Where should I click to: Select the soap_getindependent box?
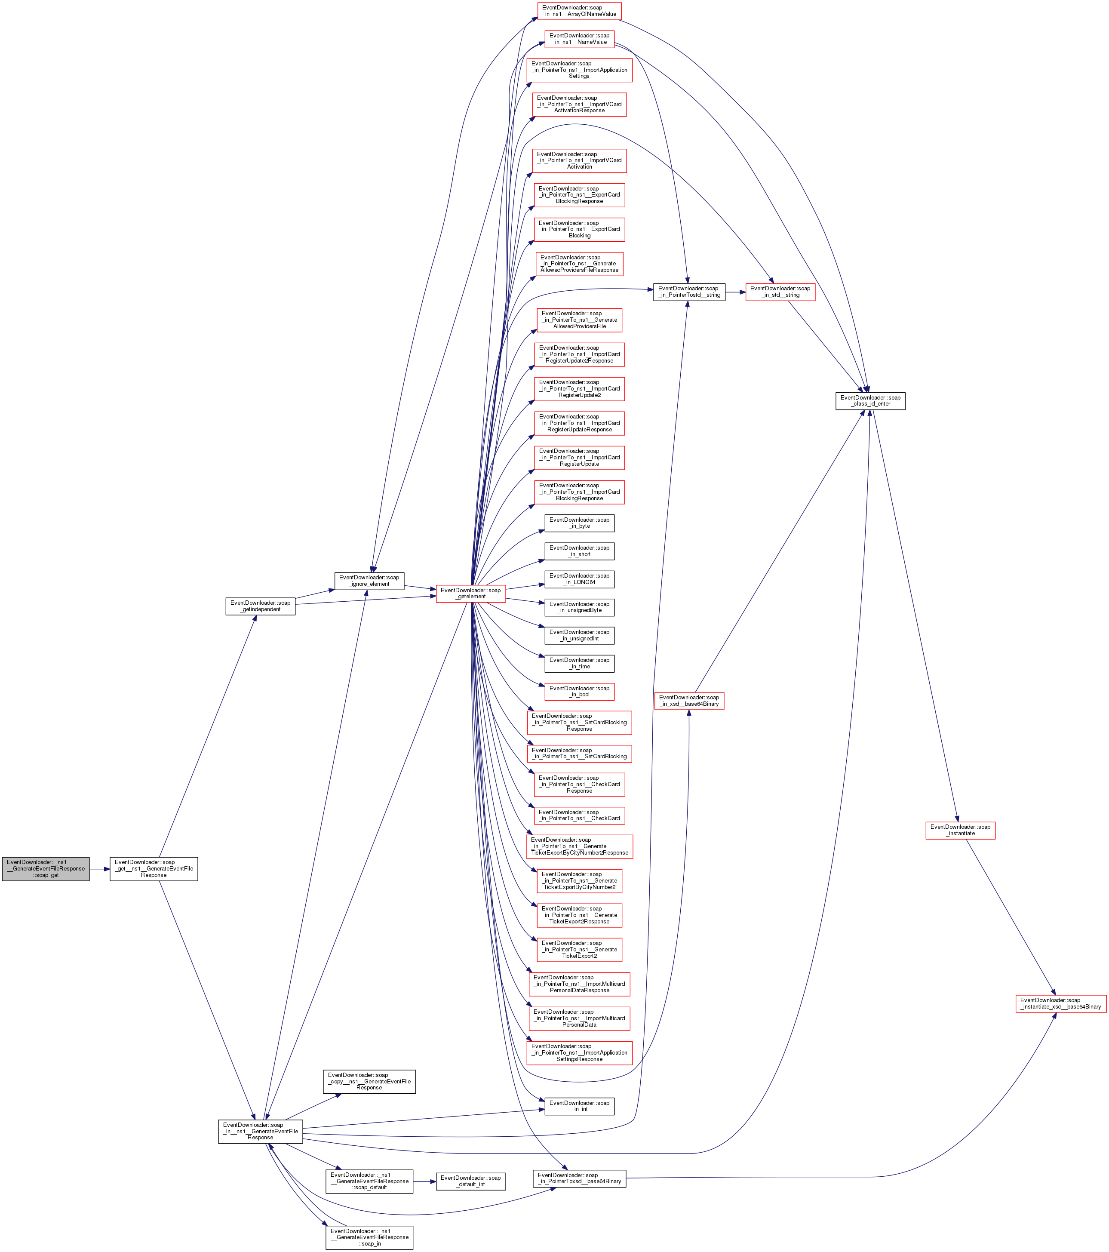[260, 606]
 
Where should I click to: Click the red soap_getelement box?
[471, 594]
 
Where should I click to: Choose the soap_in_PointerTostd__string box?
[689, 292]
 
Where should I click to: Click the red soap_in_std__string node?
[780, 292]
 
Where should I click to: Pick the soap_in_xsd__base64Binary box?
[689, 701]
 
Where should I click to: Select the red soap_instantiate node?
[960, 830]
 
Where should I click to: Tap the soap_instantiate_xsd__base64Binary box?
[1060, 1003]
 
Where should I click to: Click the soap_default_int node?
[471, 1181]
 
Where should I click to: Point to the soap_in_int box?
[579, 1106]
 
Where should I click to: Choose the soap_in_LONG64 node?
[579, 579]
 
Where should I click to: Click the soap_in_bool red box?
[579, 692]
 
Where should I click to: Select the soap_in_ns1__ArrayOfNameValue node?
[579, 11]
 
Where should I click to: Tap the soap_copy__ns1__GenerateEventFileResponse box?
[369, 1081]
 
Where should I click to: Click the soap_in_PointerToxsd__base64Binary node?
[579, 1178]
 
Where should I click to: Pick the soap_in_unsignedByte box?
[579, 607]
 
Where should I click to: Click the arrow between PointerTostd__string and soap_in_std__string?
[735, 292]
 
